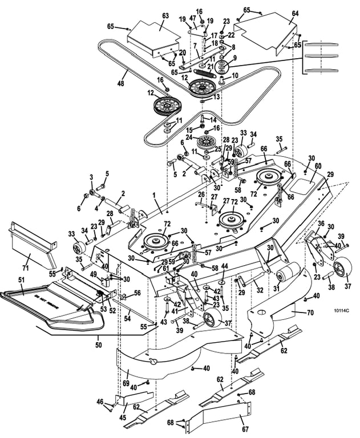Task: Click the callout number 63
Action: pyautogui.click(x=151, y=17)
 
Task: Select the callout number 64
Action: pyautogui.click(x=295, y=13)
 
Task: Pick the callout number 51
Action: pyautogui.click(x=22, y=279)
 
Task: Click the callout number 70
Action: pyautogui.click(x=310, y=313)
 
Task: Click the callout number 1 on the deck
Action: pyautogui.click(x=152, y=196)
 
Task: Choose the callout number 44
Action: pyautogui.click(x=224, y=267)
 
